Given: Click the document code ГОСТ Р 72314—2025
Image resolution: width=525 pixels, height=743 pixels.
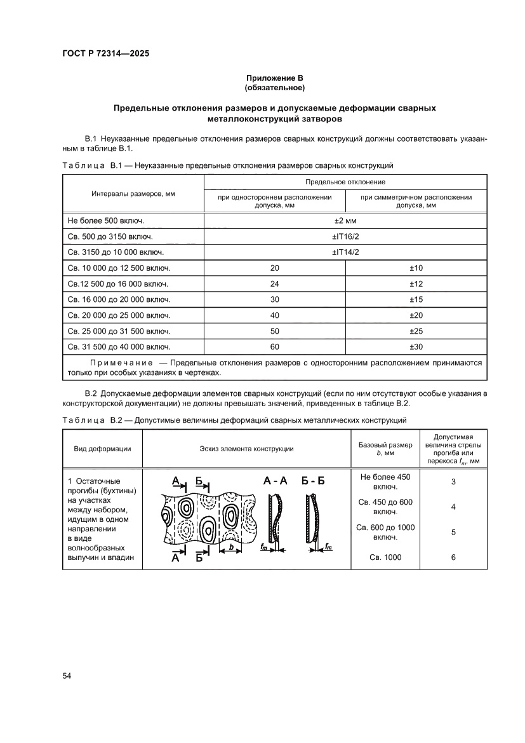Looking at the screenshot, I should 105,54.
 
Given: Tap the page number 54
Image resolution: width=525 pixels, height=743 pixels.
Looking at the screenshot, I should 67,675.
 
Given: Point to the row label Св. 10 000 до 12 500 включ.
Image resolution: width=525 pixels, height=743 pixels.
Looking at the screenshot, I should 119,268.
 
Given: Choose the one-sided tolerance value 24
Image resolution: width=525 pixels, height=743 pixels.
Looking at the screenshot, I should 274,283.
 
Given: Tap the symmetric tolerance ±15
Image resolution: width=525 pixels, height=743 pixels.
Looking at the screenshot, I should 416,299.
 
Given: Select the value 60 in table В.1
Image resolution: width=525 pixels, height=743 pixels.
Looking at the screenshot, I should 274,347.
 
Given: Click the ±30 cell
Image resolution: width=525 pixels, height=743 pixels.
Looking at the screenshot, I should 416,347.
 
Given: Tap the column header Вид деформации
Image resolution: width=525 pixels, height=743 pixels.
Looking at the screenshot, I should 102,449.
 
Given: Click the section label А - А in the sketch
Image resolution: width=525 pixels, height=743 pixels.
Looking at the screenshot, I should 276,481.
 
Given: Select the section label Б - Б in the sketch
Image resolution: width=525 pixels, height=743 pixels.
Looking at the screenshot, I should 312,481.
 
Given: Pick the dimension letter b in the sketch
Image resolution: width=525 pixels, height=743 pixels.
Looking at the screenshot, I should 231,546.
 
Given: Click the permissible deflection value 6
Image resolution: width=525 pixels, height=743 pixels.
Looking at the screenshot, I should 453,557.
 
